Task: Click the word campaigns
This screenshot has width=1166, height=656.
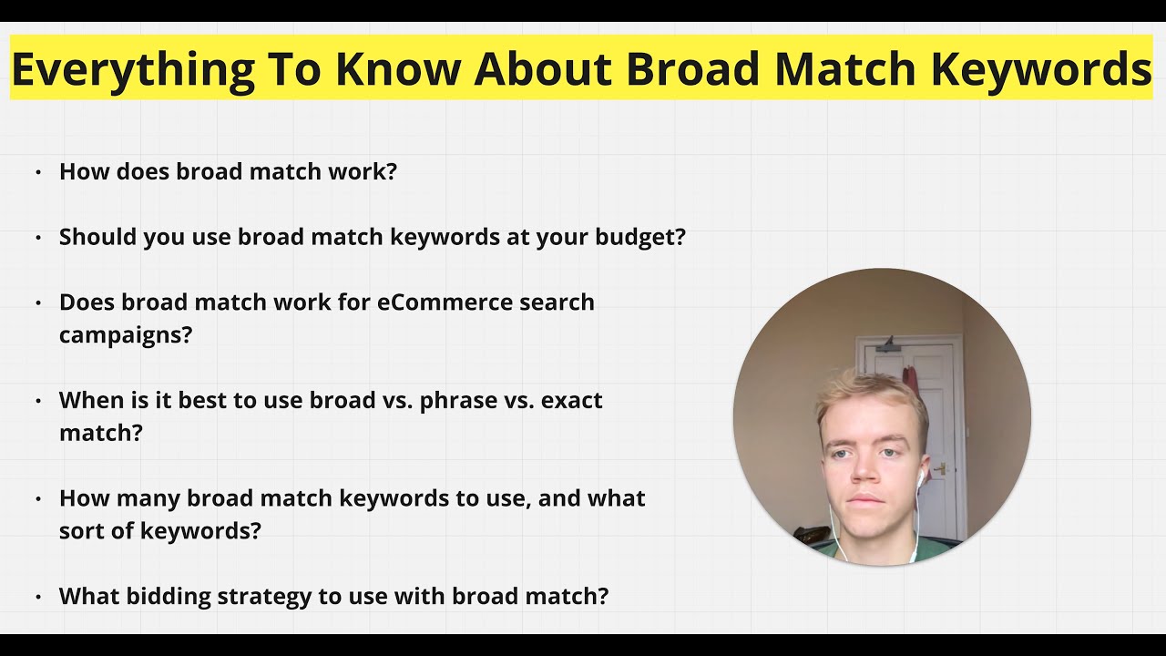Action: (x=126, y=334)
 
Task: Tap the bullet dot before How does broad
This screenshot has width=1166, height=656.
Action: (x=38, y=172)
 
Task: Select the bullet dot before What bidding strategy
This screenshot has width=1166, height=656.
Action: (x=38, y=598)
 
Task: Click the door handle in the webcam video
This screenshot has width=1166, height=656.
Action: (x=941, y=469)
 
